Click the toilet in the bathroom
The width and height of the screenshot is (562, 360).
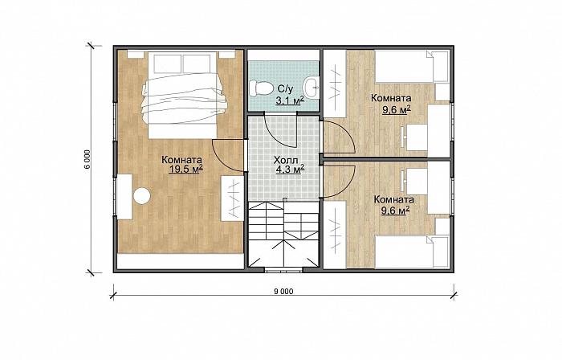point(261,88)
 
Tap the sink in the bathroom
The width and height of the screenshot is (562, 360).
point(311,87)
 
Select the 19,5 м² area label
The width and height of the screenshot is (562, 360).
point(185,169)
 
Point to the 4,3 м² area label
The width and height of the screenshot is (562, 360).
point(290,169)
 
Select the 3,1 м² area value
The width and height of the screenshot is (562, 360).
point(290,100)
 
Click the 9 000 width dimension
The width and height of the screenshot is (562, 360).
point(283,292)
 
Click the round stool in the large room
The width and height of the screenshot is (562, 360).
point(141,196)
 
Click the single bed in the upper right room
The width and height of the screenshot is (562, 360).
point(412,67)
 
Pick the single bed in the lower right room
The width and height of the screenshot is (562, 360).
point(412,252)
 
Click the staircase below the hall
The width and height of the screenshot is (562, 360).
point(283,234)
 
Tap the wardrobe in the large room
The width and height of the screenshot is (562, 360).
point(232,198)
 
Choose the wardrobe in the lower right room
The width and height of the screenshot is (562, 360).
point(335,235)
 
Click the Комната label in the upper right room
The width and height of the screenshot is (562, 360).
point(391,98)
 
